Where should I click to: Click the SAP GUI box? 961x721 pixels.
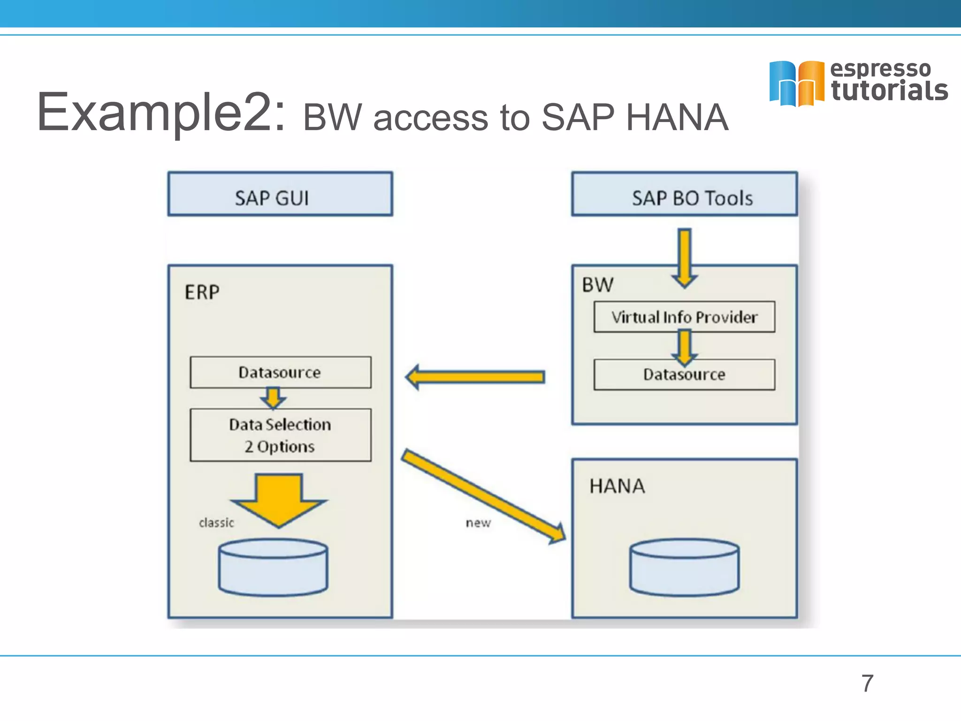click(280, 194)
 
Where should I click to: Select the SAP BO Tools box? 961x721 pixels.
click(684, 194)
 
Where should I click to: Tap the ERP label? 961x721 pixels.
click(202, 292)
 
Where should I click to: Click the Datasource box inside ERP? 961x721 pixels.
click(280, 372)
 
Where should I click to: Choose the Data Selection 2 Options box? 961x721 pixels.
click(280, 435)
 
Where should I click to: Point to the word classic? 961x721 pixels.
click(216, 522)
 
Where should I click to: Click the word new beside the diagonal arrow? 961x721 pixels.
click(478, 522)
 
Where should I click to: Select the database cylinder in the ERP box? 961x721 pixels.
click(273, 568)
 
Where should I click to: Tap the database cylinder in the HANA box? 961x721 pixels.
click(684, 568)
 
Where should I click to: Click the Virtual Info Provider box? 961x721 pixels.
click(684, 317)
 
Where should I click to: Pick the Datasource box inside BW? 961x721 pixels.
click(684, 375)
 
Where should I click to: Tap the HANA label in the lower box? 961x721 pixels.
click(617, 486)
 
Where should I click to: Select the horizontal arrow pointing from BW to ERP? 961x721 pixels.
click(476, 377)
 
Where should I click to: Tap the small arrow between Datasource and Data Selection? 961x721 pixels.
click(274, 398)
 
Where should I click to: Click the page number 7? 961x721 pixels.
click(867, 683)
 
